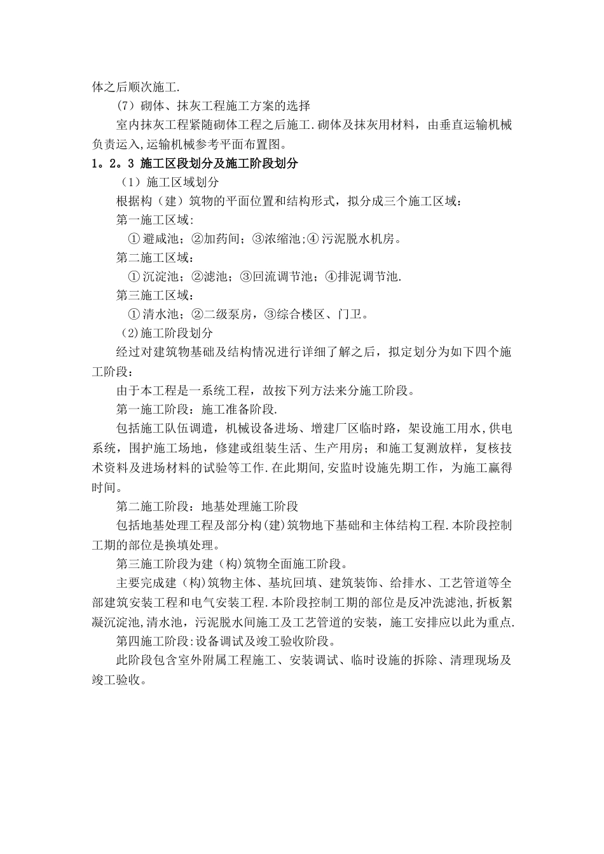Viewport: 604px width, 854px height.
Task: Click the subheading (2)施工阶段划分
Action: coord(165,333)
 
